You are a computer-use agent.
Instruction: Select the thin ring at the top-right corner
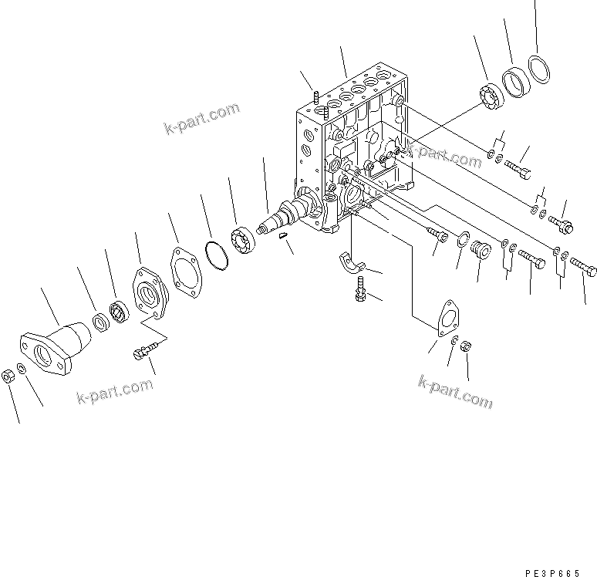[540, 69]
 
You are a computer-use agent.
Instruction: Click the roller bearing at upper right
[490, 96]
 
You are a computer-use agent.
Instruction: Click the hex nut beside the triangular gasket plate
[466, 347]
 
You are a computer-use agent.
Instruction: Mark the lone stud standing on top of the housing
[317, 98]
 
